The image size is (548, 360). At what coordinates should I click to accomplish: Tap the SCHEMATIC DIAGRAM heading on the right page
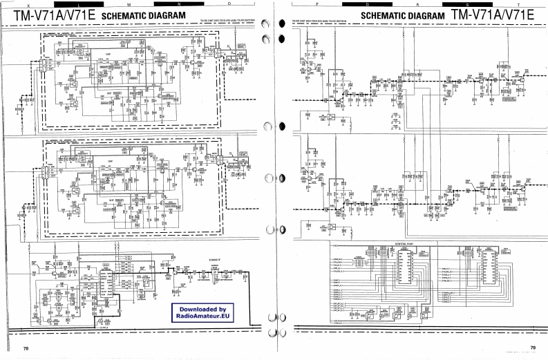tap(403, 15)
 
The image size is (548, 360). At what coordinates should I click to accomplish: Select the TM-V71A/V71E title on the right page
tap(494, 14)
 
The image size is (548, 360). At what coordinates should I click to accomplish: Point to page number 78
tap(26, 348)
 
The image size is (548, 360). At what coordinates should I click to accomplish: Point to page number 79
tap(533, 348)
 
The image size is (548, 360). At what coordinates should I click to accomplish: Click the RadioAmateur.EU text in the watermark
tap(198, 316)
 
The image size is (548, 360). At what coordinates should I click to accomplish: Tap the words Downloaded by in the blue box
tap(198, 308)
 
